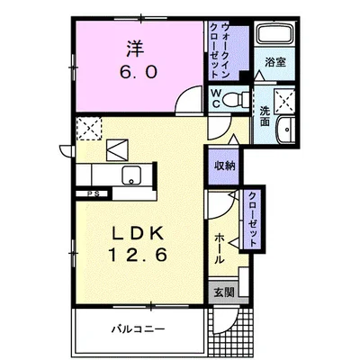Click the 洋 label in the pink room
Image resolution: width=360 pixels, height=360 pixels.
click(x=135, y=49)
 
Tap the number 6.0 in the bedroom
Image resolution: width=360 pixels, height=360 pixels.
click(x=139, y=72)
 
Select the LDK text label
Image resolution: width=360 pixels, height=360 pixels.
click(x=138, y=233)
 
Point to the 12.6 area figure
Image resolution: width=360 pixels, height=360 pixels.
click(x=138, y=255)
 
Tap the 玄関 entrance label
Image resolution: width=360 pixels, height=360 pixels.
click(x=224, y=292)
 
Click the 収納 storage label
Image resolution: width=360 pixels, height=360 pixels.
click(x=224, y=166)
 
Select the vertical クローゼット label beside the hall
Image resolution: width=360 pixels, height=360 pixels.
click(x=253, y=219)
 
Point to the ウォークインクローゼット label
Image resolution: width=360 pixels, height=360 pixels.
click(x=220, y=50)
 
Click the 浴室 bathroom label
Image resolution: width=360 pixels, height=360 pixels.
click(x=275, y=62)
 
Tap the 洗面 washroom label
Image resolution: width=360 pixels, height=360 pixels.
click(x=265, y=116)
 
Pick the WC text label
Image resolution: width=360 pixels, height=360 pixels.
click(x=216, y=98)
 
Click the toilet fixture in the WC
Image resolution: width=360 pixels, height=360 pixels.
click(x=237, y=98)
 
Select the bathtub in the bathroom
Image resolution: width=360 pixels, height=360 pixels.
click(x=275, y=34)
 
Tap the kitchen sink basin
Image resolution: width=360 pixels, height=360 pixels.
click(x=131, y=175)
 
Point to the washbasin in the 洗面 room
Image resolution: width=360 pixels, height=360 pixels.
click(x=286, y=130)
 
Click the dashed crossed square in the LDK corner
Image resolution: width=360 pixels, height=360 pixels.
click(x=89, y=129)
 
